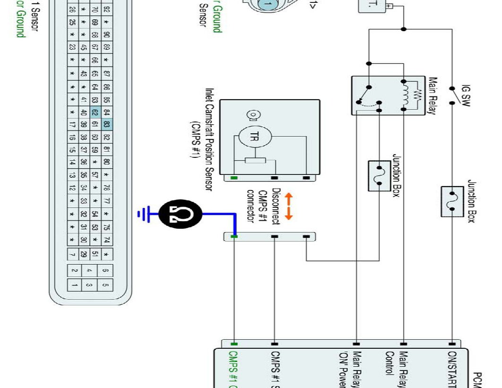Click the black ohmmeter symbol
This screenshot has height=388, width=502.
click(x=180, y=214)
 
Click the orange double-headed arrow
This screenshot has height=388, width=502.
click(x=288, y=206)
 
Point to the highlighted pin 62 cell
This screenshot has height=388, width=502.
click(x=95, y=112)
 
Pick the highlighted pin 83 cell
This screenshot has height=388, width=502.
click(x=107, y=125)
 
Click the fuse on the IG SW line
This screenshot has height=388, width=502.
click(x=452, y=201)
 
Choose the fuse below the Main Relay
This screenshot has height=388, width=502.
click(x=379, y=176)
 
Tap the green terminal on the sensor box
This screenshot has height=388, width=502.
click(x=234, y=178)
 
